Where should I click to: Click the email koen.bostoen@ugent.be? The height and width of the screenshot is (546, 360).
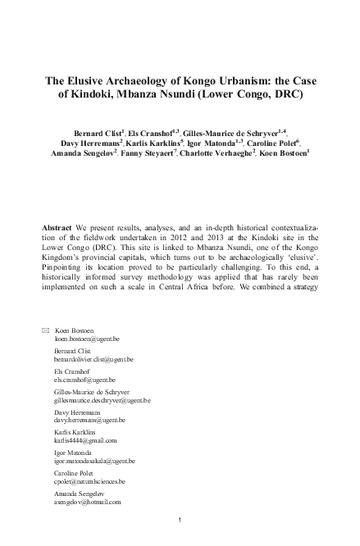(x=87, y=361)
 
